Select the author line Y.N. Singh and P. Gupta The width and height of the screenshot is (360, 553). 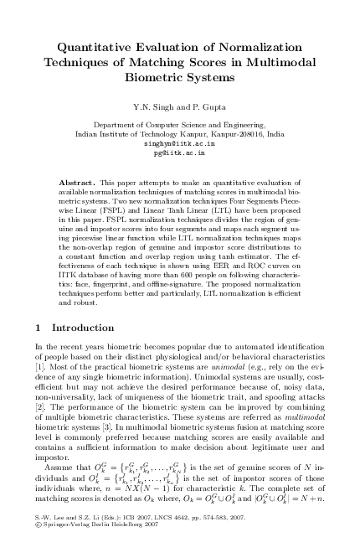pyautogui.click(x=180, y=106)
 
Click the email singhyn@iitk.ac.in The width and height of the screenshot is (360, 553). pyautogui.click(x=179, y=143)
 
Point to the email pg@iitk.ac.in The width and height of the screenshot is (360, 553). pyautogui.click(x=179, y=153)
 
